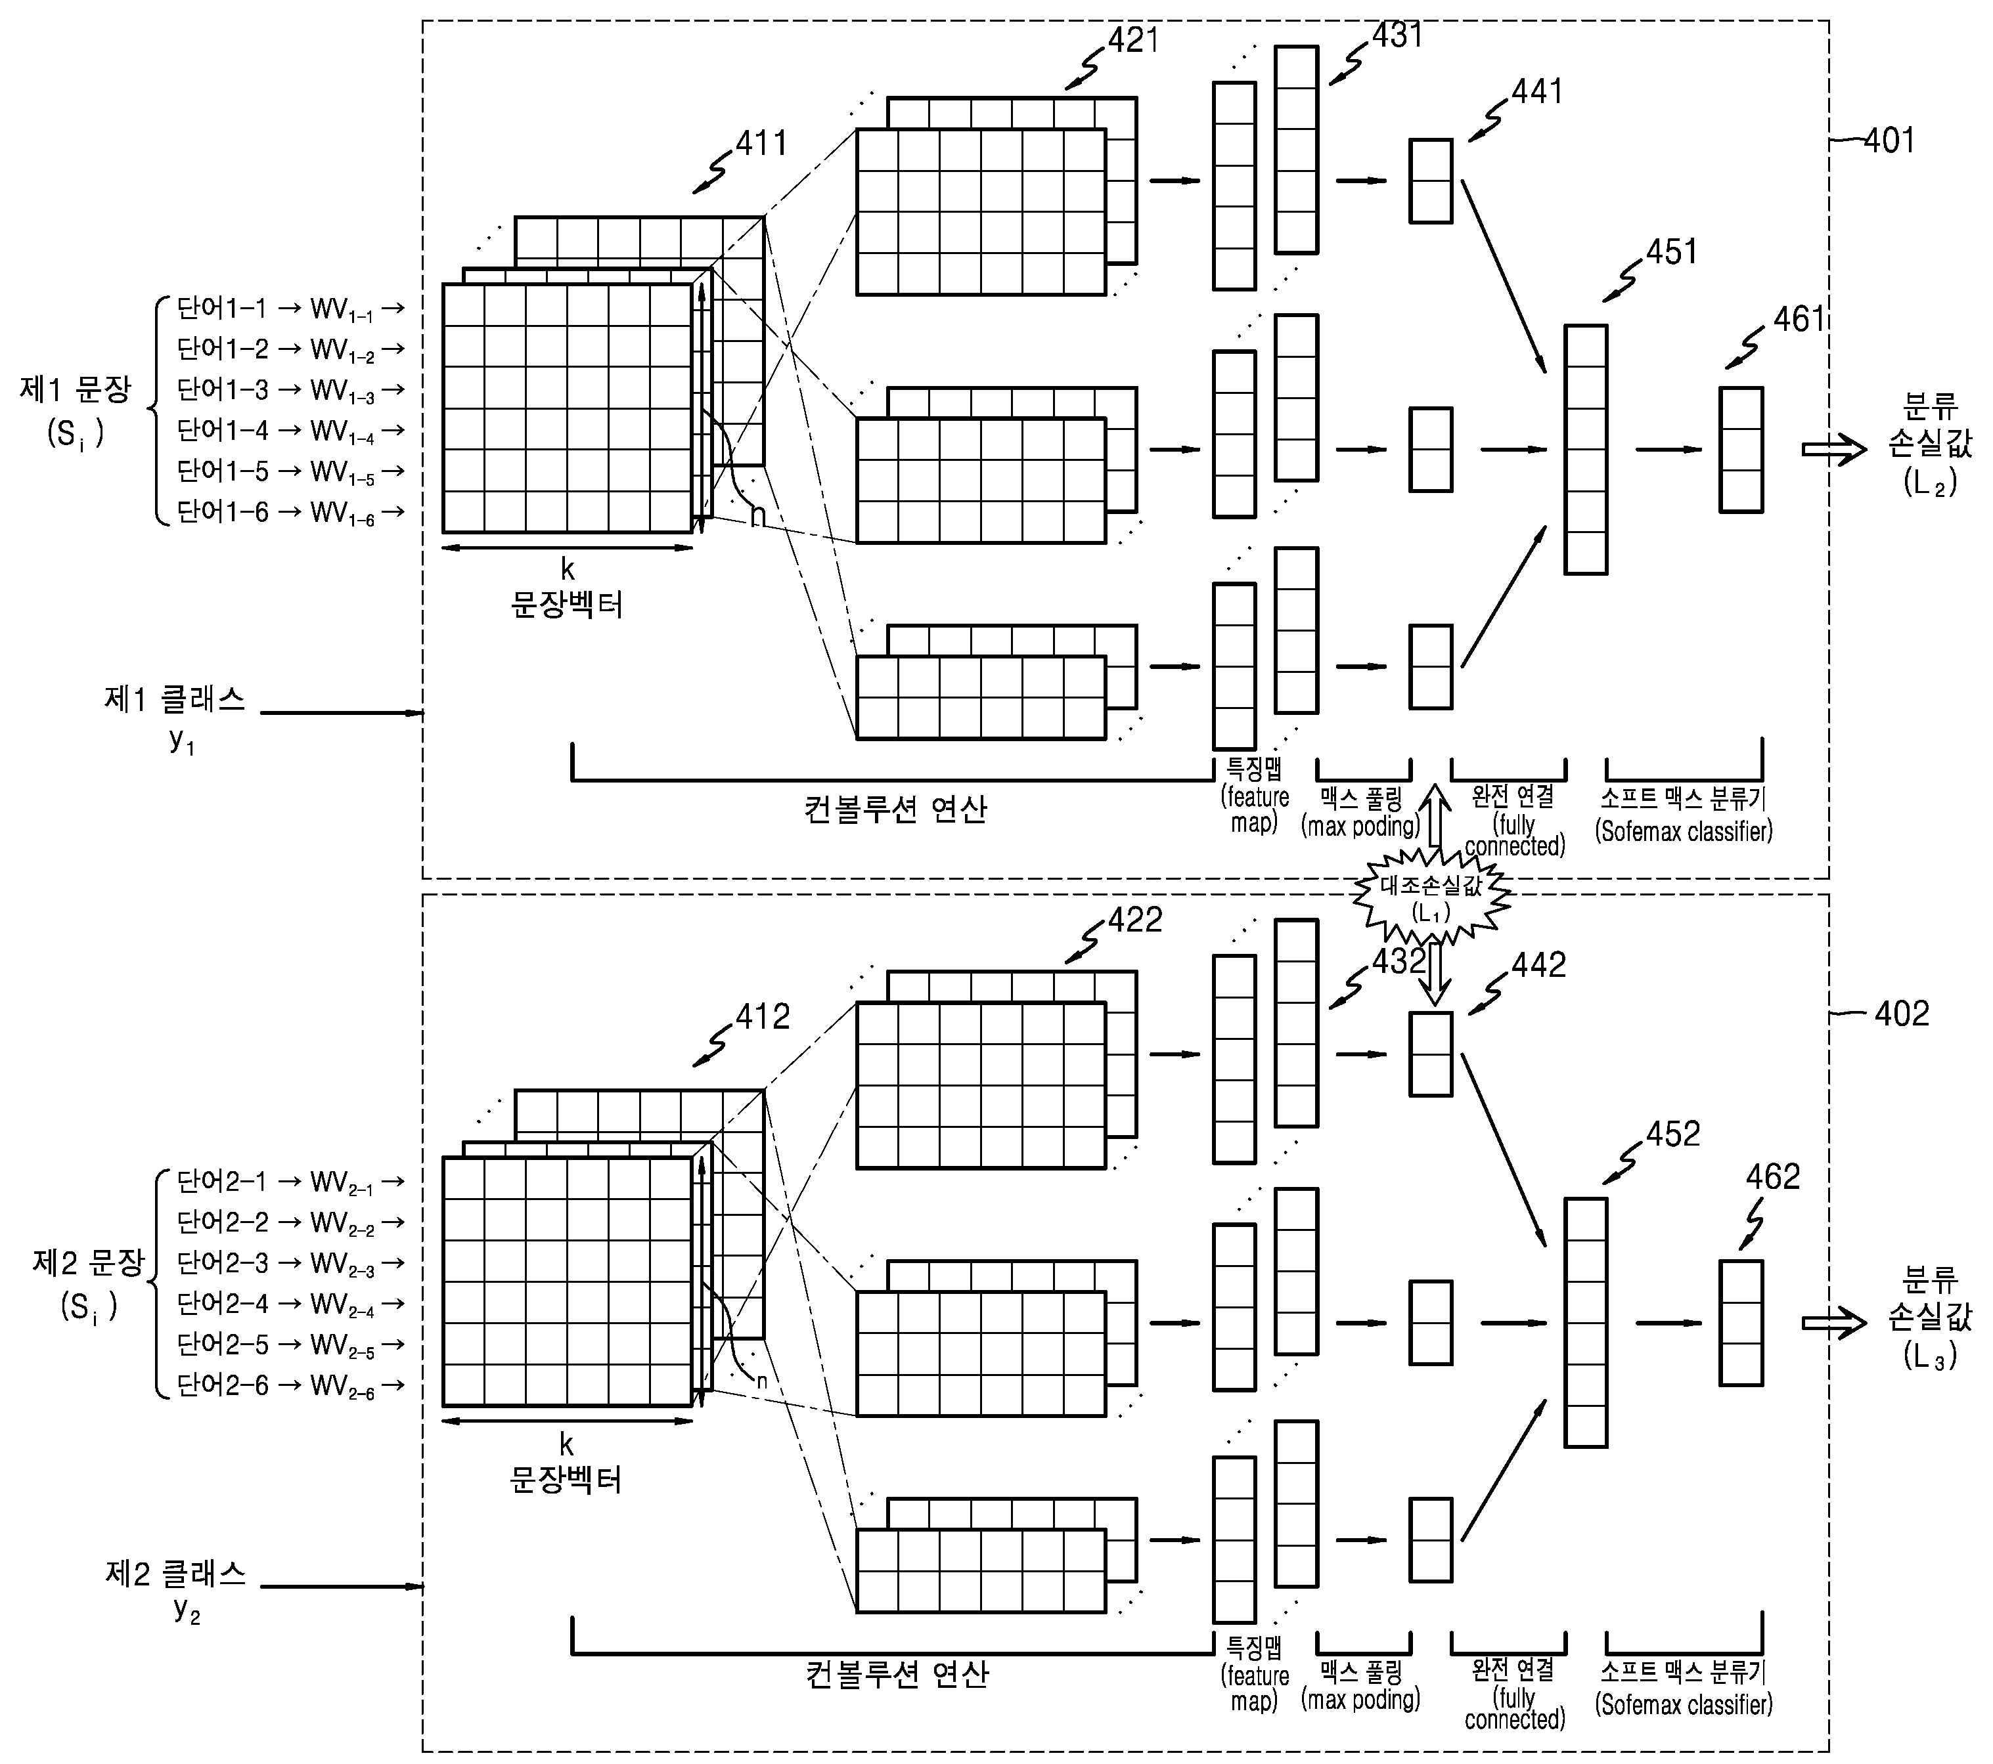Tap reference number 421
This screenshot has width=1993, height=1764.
[1133, 40]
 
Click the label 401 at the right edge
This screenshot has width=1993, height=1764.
[1889, 141]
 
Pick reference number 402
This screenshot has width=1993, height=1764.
[1900, 1014]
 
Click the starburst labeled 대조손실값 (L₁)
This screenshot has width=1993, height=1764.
[1431, 897]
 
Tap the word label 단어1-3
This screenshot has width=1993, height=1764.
[221, 390]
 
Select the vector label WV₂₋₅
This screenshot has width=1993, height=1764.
[342, 1346]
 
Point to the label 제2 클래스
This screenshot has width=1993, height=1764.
[175, 1573]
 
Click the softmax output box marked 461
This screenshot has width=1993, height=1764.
[1741, 449]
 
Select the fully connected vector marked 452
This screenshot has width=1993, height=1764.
[1586, 1323]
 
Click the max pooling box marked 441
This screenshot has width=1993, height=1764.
[1431, 181]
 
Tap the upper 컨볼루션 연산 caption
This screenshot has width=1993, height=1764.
[895, 809]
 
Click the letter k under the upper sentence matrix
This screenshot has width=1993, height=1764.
[568, 569]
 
